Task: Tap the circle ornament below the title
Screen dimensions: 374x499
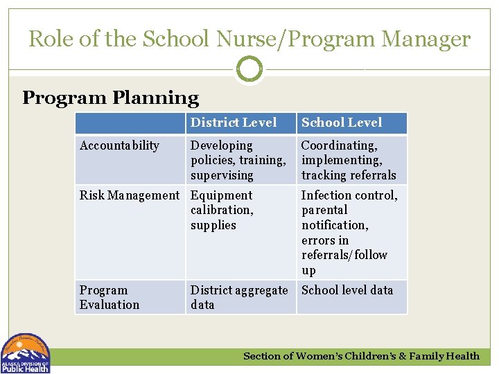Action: pyautogui.click(x=249, y=69)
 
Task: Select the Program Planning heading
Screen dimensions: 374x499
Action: pyautogui.click(x=110, y=98)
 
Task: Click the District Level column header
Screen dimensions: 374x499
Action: pyautogui.click(x=234, y=123)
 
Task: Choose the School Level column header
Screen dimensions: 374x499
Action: pyautogui.click(x=341, y=123)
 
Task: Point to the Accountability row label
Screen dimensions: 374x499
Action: pyautogui.click(x=119, y=145)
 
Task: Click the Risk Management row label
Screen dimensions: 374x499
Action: pyautogui.click(x=129, y=195)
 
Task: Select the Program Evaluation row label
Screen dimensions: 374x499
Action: pyautogui.click(x=110, y=297)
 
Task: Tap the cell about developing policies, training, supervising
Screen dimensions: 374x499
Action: pyautogui.click(x=238, y=160)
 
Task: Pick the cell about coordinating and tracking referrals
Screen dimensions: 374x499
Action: pyautogui.click(x=349, y=160)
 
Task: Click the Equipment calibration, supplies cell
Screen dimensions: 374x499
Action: pyautogui.click(x=222, y=210)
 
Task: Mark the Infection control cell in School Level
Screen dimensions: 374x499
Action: pyautogui.click(x=349, y=232)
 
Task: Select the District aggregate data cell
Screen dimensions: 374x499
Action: pyautogui.click(x=239, y=297)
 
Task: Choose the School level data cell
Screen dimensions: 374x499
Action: pyautogui.click(x=347, y=290)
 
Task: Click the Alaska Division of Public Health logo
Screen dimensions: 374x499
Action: pyautogui.click(x=26, y=354)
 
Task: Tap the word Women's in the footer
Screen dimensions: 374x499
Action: pyautogui.click(x=321, y=356)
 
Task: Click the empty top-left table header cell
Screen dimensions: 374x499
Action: pyautogui.click(x=130, y=123)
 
